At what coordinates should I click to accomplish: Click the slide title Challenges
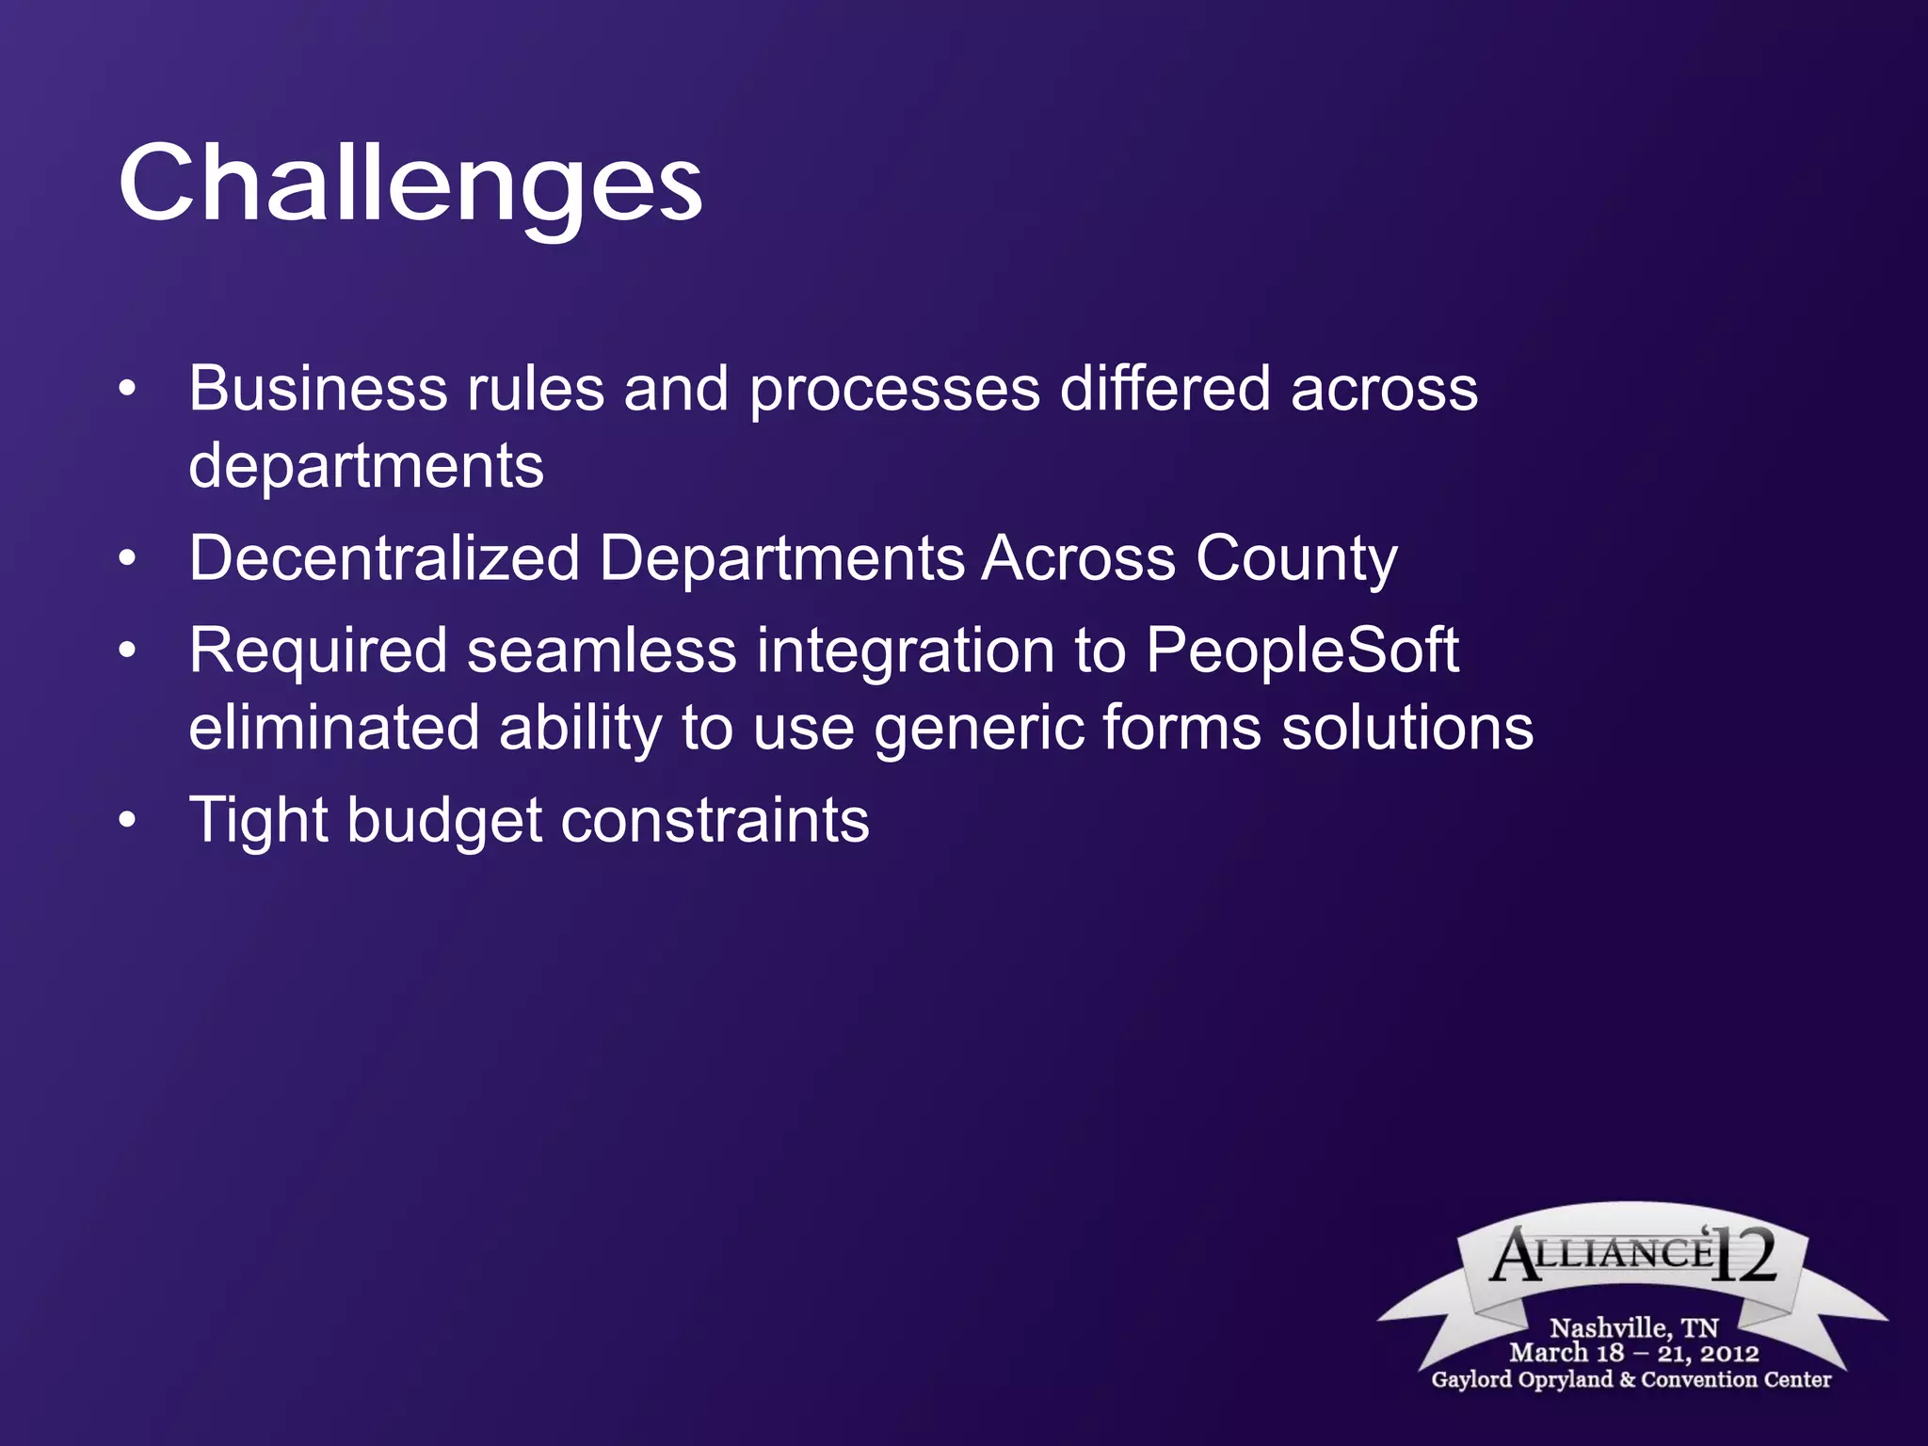410,184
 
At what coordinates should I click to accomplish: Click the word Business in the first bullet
317,388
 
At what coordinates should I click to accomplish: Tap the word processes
894,390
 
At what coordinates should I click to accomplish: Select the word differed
1165,388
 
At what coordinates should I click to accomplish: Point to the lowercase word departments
366,466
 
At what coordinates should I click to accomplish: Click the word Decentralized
384,557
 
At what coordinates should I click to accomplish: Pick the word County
1296,559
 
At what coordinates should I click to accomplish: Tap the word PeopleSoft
1302,651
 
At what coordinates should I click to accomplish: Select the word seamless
602,651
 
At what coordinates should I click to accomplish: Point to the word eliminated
334,728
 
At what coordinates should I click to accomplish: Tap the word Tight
257,821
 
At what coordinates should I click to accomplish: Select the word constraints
715,820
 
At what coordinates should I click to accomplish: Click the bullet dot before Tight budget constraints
128,819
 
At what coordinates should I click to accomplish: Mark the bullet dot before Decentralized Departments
128,557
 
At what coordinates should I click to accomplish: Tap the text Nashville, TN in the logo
1633,1327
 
